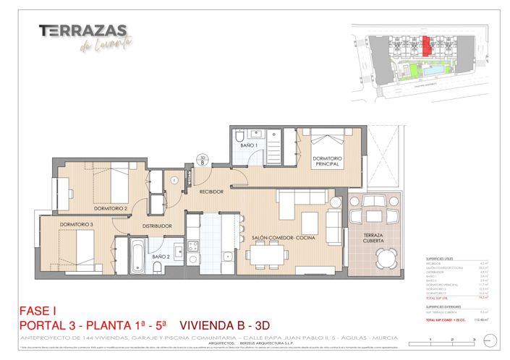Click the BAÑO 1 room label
[249, 145]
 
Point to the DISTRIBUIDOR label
[157, 226]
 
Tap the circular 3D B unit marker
[203, 160]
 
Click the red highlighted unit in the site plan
[427, 46]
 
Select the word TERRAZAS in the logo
[83, 30]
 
